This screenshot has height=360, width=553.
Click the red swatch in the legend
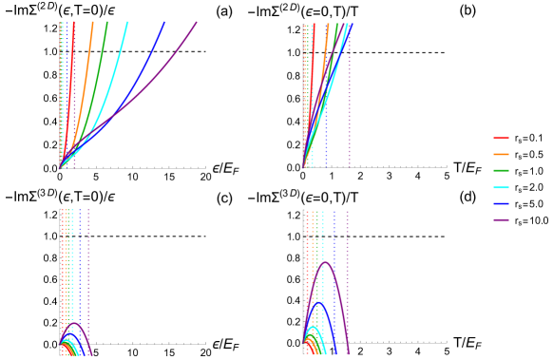[x=501, y=139]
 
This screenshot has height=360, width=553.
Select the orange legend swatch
[x=501, y=154]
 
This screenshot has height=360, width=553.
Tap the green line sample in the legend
[x=501, y=171]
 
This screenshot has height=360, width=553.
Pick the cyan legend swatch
[x=501, y=188]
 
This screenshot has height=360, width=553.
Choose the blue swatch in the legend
[x=501, y=204]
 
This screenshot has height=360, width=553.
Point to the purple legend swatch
[x=501, y=220]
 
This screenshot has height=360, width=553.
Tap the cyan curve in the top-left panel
[x=118, y=47]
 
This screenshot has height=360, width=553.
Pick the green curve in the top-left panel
[x=99, y=47]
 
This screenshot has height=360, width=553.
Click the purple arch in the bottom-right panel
[x=326, y=262]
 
